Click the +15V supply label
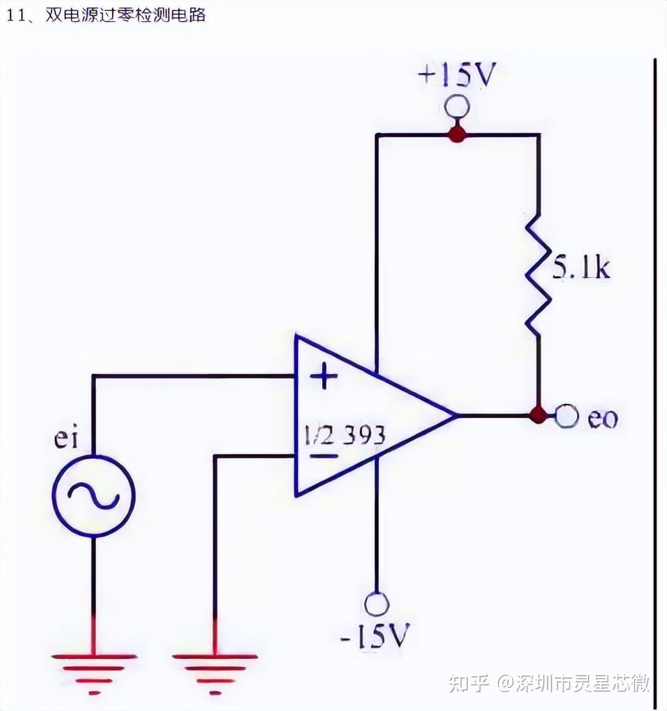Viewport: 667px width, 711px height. pos(458,76)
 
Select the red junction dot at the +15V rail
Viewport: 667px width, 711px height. pos(457,134)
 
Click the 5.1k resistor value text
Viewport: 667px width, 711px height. pos(581,267)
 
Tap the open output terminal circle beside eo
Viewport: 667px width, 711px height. pos(566,415)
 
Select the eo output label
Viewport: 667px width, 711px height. pos(602,418)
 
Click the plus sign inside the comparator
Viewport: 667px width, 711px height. pos(324,376)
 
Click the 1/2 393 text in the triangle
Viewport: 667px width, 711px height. pos(344,434)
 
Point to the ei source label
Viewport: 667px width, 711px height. pos(67,438)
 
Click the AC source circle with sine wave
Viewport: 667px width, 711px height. pos(93,494)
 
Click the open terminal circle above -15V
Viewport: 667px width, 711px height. pos(376,603)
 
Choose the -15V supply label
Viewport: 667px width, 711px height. pos(375,636)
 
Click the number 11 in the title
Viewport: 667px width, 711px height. pos(15,15)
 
